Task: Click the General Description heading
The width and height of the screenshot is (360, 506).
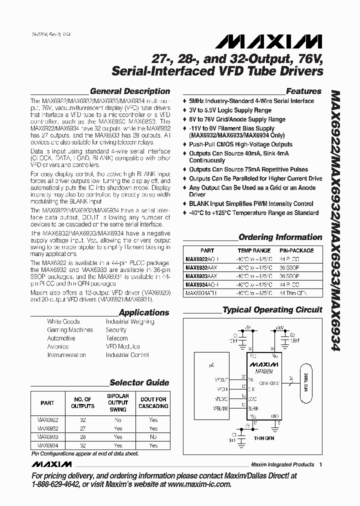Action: (x=129, y=91)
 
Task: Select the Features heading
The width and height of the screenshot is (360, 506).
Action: (x=303, y=91)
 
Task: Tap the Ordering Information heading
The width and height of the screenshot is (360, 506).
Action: (x=280, y=237)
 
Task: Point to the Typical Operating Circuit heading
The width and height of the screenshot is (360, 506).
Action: (x=272, y=309)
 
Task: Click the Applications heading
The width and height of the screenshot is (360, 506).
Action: (x=144, y=312)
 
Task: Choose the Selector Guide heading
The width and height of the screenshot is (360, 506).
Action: (x=139, y=382)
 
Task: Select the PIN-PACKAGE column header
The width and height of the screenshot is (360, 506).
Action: (x=296, y=250)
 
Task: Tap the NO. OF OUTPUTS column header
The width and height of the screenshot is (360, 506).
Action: (x=82, y=402)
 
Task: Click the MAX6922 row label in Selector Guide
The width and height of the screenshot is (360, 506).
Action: (x=47, y=420)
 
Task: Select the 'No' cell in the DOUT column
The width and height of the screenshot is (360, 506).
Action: (x=153, y=437)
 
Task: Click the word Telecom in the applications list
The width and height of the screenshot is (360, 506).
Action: (x=117, y=338)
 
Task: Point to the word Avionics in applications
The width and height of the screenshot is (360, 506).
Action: (x=58, y=346)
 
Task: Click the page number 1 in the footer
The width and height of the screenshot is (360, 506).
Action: (x=320, y=464)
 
